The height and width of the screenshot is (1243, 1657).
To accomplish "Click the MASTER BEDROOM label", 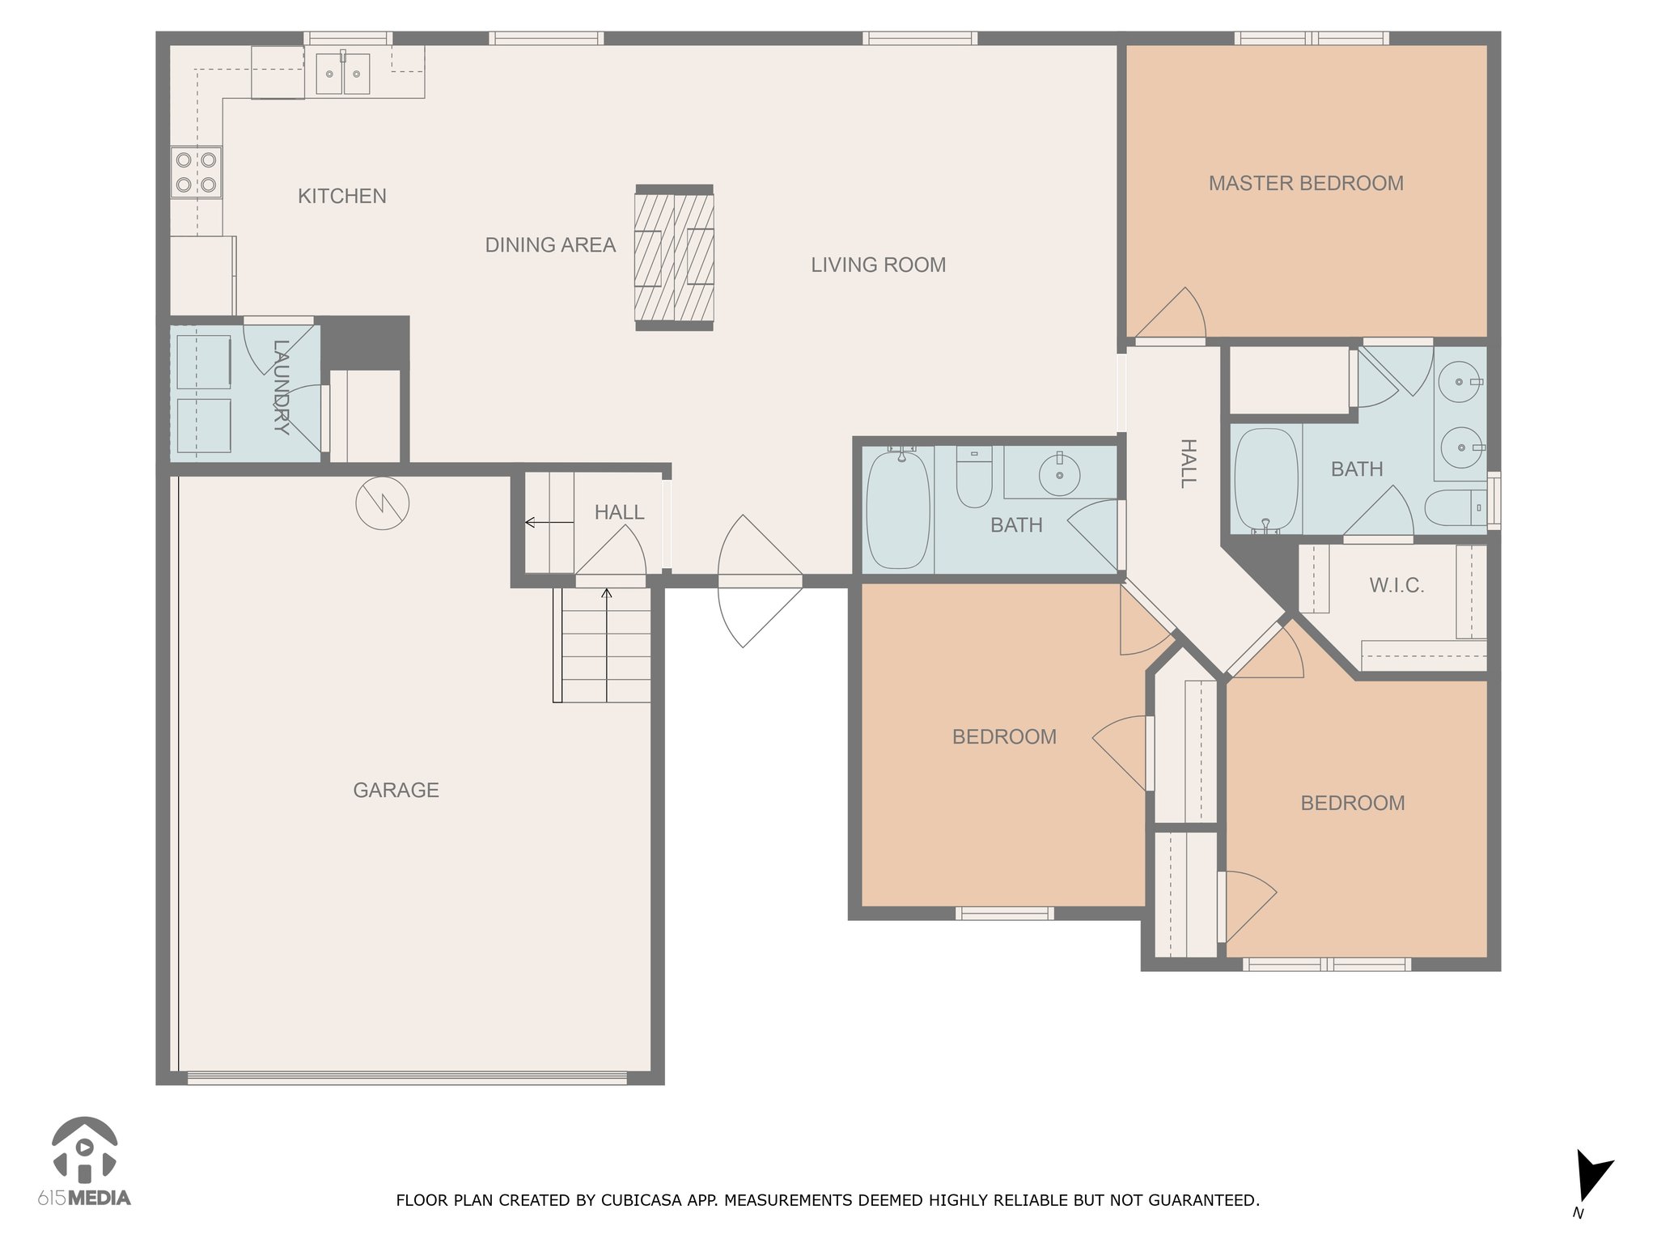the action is click(1306, 184).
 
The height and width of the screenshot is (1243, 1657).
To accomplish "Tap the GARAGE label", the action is click(396, 790).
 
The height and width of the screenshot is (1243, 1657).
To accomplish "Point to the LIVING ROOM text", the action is click(879, 265).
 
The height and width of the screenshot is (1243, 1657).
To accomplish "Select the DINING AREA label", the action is click(550, 245).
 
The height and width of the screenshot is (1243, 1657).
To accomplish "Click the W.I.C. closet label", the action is click(1396, 586).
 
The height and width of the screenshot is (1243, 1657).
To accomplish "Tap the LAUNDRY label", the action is click(281, 388).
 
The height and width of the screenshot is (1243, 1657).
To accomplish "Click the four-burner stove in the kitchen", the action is click(196, 172).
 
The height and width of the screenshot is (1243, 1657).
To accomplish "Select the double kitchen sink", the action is click(343, 73).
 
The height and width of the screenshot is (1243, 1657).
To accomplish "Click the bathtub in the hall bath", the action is click(897, 510).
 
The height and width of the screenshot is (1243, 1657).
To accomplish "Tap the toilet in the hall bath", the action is click(974, 476).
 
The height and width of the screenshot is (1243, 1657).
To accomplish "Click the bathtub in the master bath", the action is click(1266, 481).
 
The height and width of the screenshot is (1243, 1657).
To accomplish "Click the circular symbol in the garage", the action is click(383, 503).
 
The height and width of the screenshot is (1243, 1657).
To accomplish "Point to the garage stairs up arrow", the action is click(607, 645).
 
